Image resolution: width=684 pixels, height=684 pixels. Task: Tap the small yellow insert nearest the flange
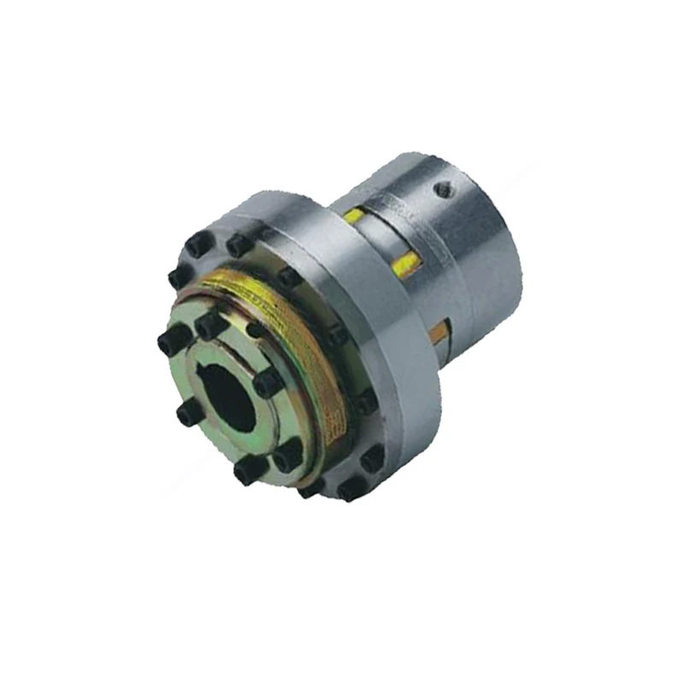pyautogui.click(x=352, y=216)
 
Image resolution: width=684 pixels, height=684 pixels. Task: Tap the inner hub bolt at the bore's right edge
pyautogui.click(x=269, y=382)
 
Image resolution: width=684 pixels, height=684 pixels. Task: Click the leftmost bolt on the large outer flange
pyautogui.click(x=179, y=275)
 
